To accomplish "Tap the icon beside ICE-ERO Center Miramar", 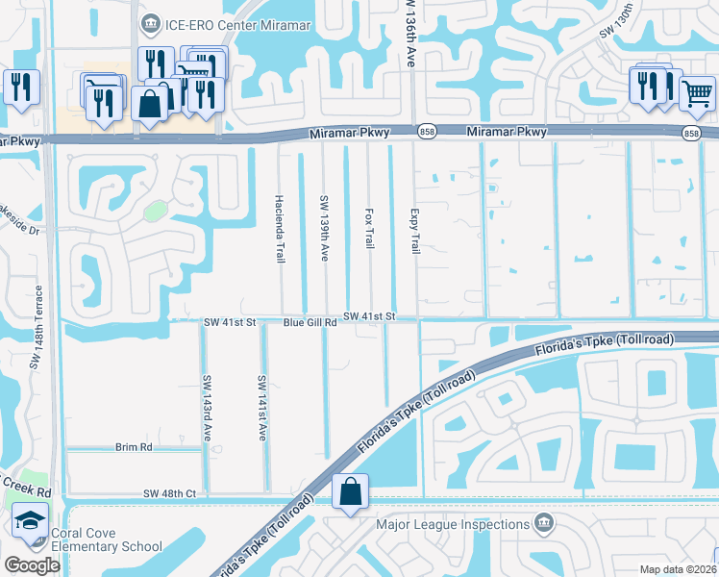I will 150,22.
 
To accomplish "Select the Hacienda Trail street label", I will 280,238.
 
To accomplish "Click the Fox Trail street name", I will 369,228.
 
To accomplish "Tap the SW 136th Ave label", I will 409,33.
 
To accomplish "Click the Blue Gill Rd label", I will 310,323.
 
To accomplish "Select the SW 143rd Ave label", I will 206,408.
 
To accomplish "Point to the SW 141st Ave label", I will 260,408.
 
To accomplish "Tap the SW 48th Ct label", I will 169,493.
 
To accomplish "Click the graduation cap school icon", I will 30,522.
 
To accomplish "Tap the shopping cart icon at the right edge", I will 697,93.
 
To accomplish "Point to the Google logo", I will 33,565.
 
